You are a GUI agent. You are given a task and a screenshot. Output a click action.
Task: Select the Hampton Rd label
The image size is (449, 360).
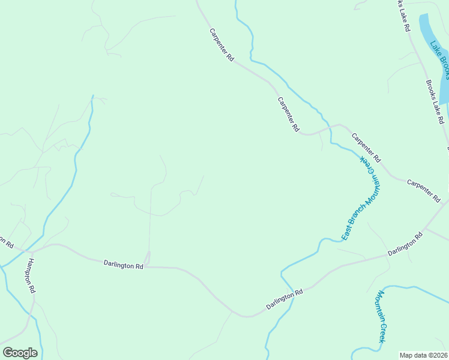pos(31,275)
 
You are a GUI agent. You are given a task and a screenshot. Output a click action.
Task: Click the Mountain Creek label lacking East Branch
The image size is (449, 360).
pos(381,317)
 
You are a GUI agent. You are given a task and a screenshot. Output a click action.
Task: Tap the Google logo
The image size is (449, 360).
pos(20,353)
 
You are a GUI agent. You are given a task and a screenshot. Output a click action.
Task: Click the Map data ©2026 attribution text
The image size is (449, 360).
pos(424,355)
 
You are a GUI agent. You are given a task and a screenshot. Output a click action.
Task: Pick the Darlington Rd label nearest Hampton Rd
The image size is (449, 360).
pos(123,264)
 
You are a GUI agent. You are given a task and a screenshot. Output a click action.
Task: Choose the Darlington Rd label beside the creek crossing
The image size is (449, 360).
pos(285,301)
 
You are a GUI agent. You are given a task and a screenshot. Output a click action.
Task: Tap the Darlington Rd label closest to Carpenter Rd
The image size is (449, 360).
pos(405,245)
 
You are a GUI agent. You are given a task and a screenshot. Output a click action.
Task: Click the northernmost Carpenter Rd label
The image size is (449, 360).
pos(221,44)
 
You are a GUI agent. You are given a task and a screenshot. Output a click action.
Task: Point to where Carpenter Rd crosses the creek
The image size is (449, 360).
pos(329,127)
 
